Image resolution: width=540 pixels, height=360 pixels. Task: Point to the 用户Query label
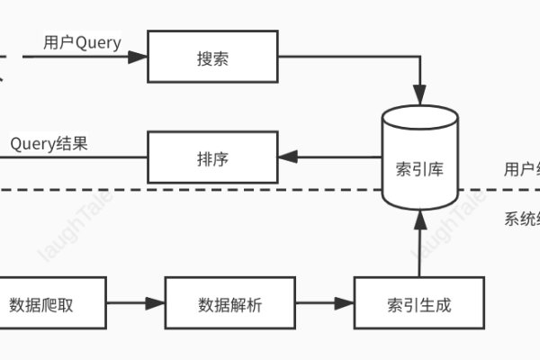point(82,43)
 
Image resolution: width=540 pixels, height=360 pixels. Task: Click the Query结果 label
point(49,144)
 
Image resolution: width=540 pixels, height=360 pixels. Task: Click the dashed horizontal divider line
point(180,190)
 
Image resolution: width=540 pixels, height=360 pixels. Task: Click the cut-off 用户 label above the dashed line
point(521,168)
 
